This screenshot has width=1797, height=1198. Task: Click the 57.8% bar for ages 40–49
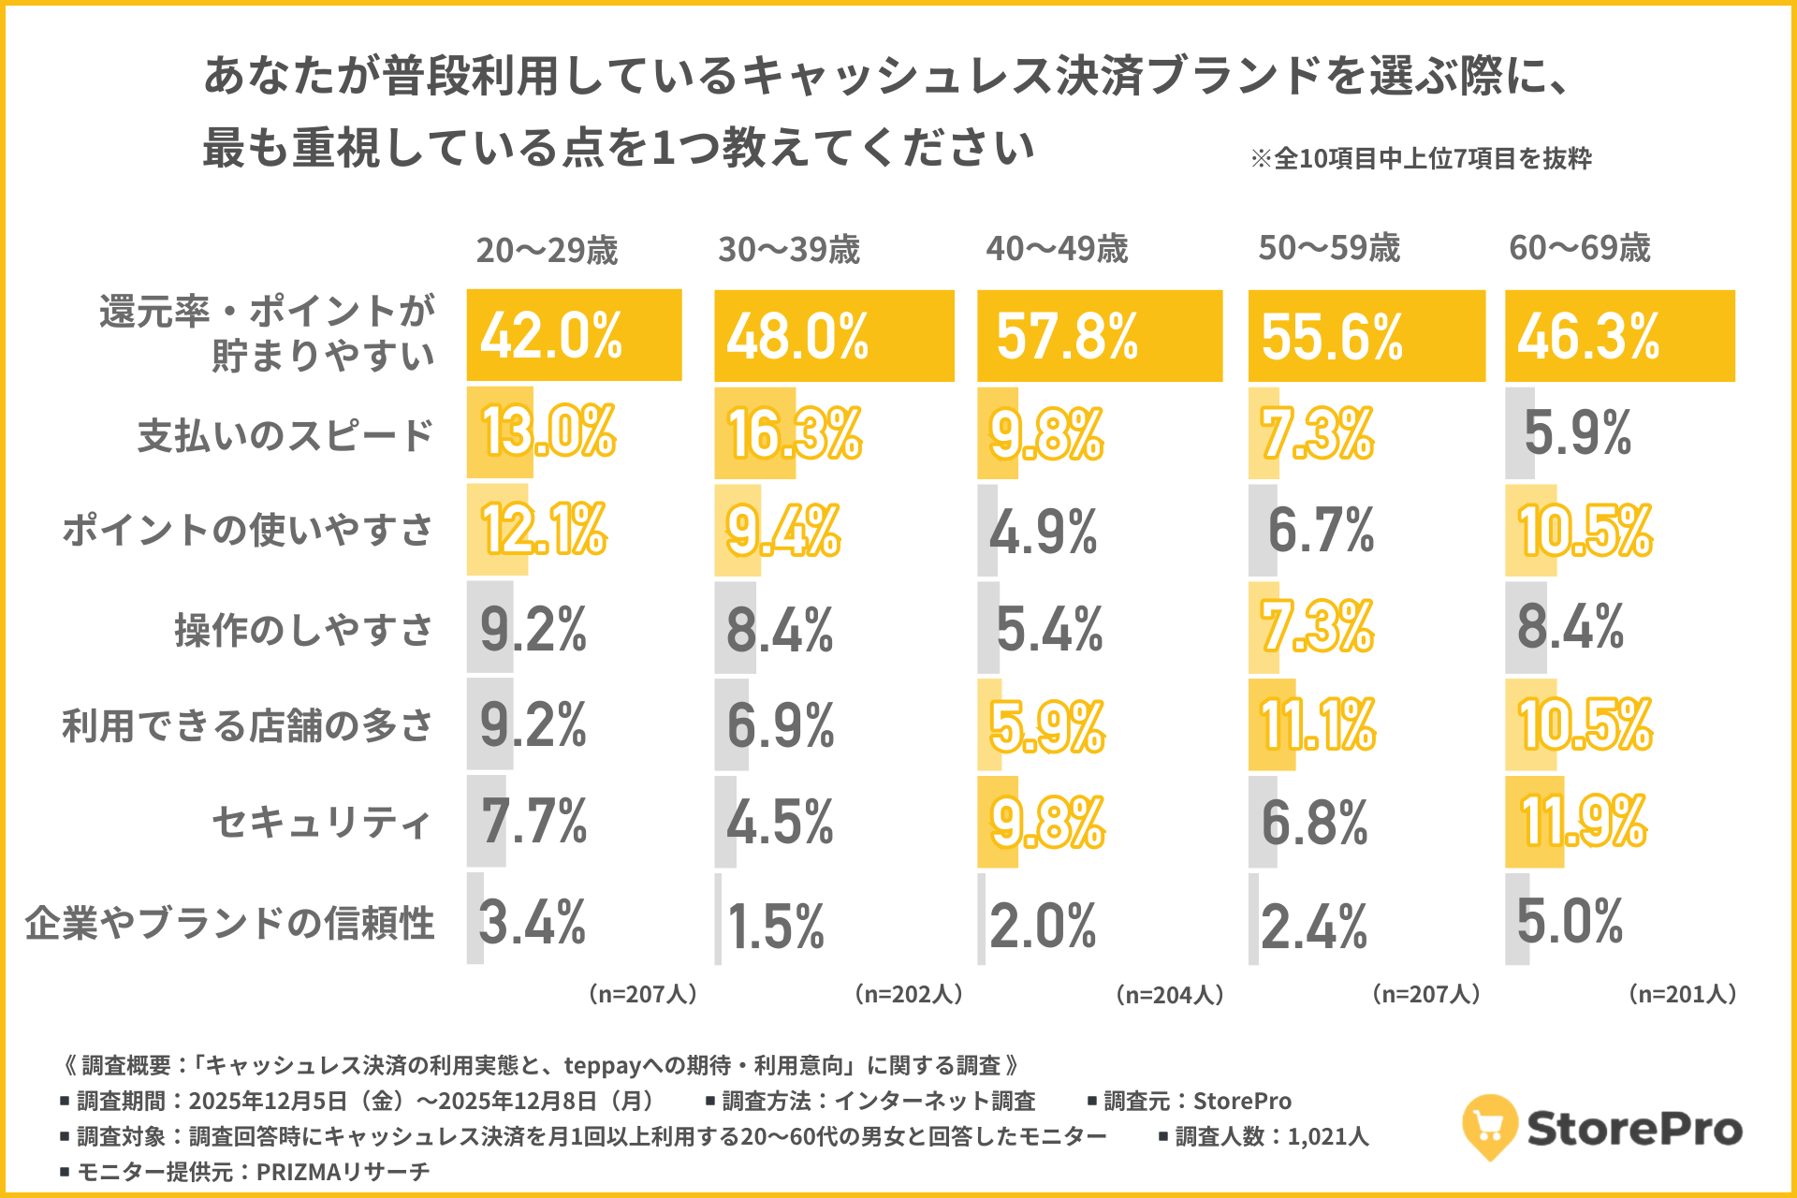1099,336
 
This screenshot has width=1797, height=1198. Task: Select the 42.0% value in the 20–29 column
551,336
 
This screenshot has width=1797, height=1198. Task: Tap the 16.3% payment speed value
795,433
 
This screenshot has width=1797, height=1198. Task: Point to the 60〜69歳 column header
1579,248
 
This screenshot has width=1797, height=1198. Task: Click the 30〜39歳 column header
788,249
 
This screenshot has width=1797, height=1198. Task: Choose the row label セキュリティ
322,822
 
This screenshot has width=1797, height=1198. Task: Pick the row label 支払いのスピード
285,435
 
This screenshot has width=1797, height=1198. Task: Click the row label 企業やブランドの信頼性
230,923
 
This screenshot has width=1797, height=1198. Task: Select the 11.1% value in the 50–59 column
1318,724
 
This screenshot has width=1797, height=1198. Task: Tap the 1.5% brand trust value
776,927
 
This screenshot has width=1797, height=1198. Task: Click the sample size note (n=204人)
1170,994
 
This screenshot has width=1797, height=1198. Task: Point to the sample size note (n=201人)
1683,994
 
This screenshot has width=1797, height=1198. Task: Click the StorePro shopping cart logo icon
1489,1127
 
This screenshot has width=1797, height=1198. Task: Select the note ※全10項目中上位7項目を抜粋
1421,158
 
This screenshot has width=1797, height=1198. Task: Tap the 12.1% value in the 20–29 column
544,530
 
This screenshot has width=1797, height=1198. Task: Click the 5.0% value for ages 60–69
1570,921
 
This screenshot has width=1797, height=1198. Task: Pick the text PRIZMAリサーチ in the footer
343,1172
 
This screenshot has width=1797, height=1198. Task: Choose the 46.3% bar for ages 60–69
1619,336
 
